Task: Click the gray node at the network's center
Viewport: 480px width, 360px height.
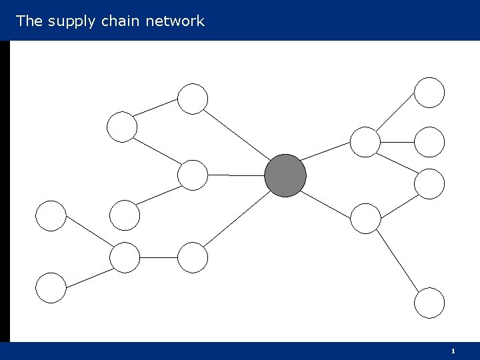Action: (x=285, y=175)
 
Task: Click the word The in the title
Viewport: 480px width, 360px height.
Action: (x=29, y=21)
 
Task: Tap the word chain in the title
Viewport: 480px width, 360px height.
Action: (x=121, y=21)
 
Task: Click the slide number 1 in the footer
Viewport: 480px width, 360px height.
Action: (x=453, y=351)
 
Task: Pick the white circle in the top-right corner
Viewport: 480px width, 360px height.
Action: (x=429, y=93)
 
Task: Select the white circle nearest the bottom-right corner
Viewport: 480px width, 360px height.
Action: (x=429, y=303)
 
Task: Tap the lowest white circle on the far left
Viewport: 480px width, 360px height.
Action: (x=51, y=288)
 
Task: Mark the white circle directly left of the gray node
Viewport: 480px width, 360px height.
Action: (x=193, y=175)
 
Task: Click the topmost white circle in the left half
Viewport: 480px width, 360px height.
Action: (x=193, y=99)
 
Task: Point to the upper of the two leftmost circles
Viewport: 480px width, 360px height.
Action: (x=51, y=215)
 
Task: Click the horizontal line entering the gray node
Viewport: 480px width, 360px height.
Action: (x=237, y=175)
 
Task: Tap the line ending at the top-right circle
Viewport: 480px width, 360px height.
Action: (x=397, y=114)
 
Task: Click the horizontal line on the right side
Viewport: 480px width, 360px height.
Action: (x=397, y=141)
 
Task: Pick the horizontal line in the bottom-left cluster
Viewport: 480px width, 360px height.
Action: (x=159, y=257)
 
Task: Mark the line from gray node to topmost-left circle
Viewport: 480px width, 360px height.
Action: (x=237, y=135)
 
